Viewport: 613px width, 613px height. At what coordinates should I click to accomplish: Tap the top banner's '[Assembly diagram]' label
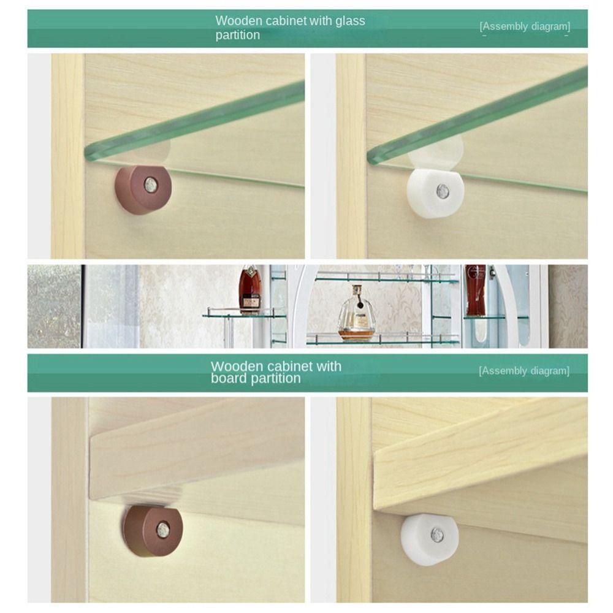[x=524, y=26]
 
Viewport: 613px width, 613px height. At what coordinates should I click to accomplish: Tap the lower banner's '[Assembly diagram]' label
[x=524, y=371]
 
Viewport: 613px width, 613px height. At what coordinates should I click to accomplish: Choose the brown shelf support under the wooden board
[x=153, y=530]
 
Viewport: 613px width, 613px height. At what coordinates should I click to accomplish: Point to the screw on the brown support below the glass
[x=150, y=184]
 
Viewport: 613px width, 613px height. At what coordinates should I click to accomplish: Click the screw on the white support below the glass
[x=443, y=191]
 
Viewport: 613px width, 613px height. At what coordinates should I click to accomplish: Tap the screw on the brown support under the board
[x=162, y=530]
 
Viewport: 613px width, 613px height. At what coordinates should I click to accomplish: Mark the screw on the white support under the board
[x=437, y=535]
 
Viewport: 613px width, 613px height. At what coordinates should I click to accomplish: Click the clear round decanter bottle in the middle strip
[x=356, y=313]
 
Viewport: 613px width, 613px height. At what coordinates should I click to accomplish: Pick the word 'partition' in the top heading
[x=238, y=36]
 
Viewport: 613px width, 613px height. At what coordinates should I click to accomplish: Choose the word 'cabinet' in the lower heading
[x=283, y=367]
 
